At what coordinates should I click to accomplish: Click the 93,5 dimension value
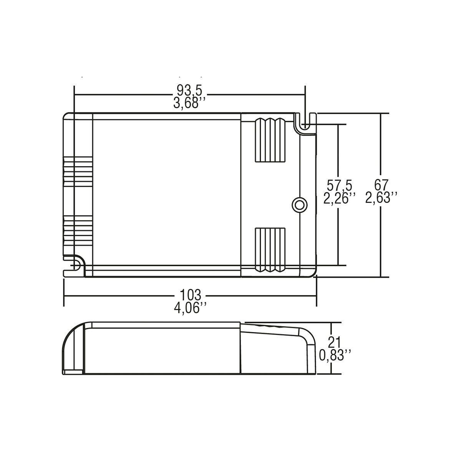point(190,90)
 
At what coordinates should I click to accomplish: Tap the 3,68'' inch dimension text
point(189,103)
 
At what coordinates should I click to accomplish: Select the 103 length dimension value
point(191,295)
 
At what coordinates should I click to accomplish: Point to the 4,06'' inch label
point(190,308)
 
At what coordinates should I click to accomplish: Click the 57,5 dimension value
point(340,186)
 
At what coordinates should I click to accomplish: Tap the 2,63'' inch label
point(381,198)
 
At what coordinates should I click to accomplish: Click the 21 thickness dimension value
point(335,343)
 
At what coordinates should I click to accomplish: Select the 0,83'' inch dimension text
point(335,355)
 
